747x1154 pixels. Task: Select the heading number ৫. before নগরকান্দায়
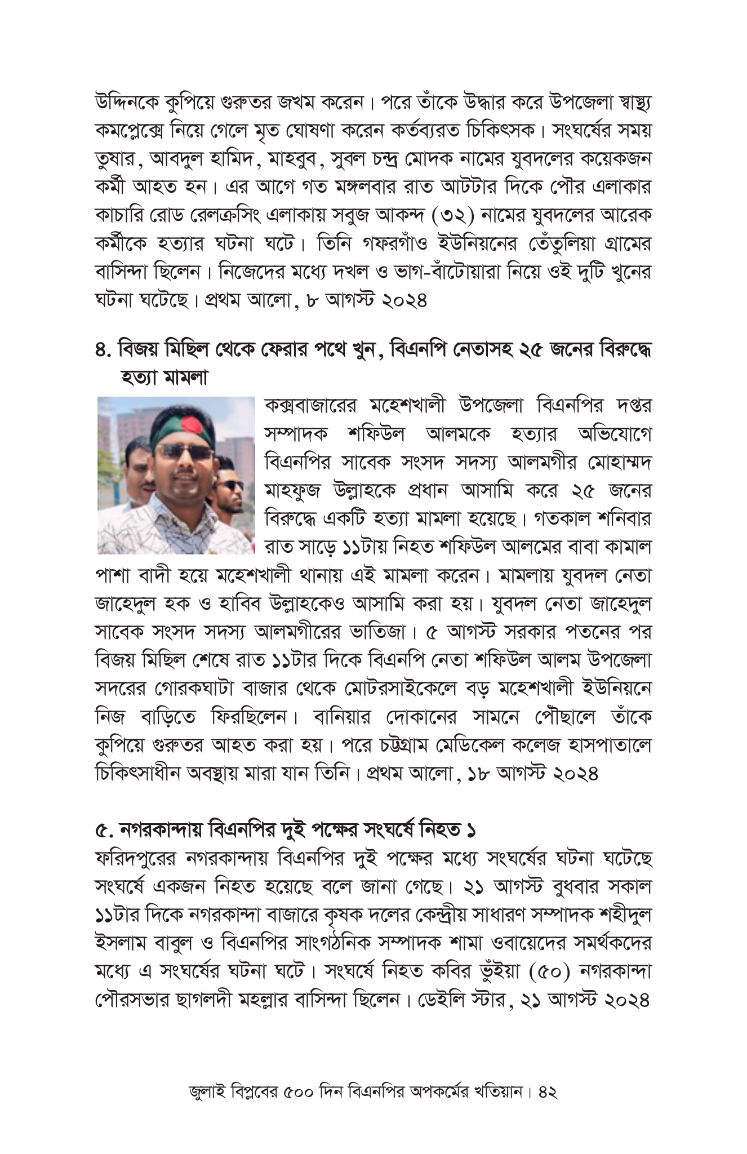point(104,829)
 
